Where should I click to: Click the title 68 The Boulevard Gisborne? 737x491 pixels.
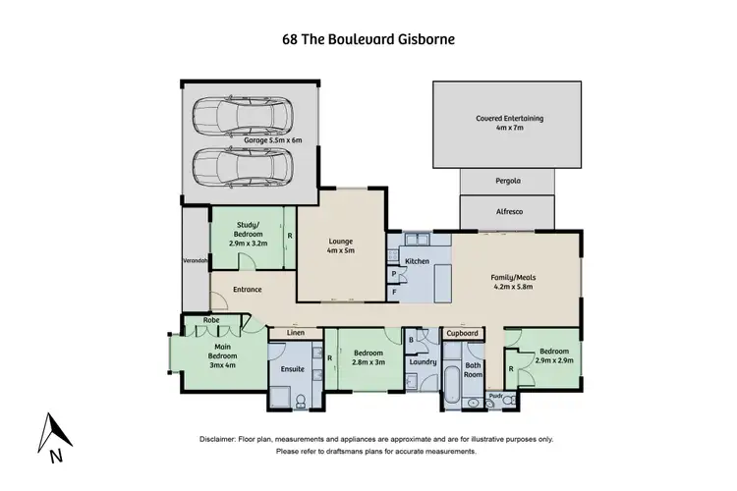click(x=368, y=40)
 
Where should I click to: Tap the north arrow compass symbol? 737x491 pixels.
click(x=53, y=436)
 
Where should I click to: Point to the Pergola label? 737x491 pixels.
click(x=505, y=182)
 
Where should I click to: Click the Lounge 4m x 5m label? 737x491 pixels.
click(x=340, y=245)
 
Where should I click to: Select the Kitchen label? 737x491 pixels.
click(x=419, y=261)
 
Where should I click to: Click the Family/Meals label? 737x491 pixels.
click(x=511, y=282)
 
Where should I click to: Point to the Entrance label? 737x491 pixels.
click(x=247, y=290)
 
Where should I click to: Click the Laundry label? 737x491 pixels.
click(x=423, y=360)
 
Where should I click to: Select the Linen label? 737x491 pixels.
click(x=294, y=334)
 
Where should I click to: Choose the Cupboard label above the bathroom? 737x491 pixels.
click(x=461, y=334)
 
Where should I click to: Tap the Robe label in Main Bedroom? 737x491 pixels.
click(x=210, y=320)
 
